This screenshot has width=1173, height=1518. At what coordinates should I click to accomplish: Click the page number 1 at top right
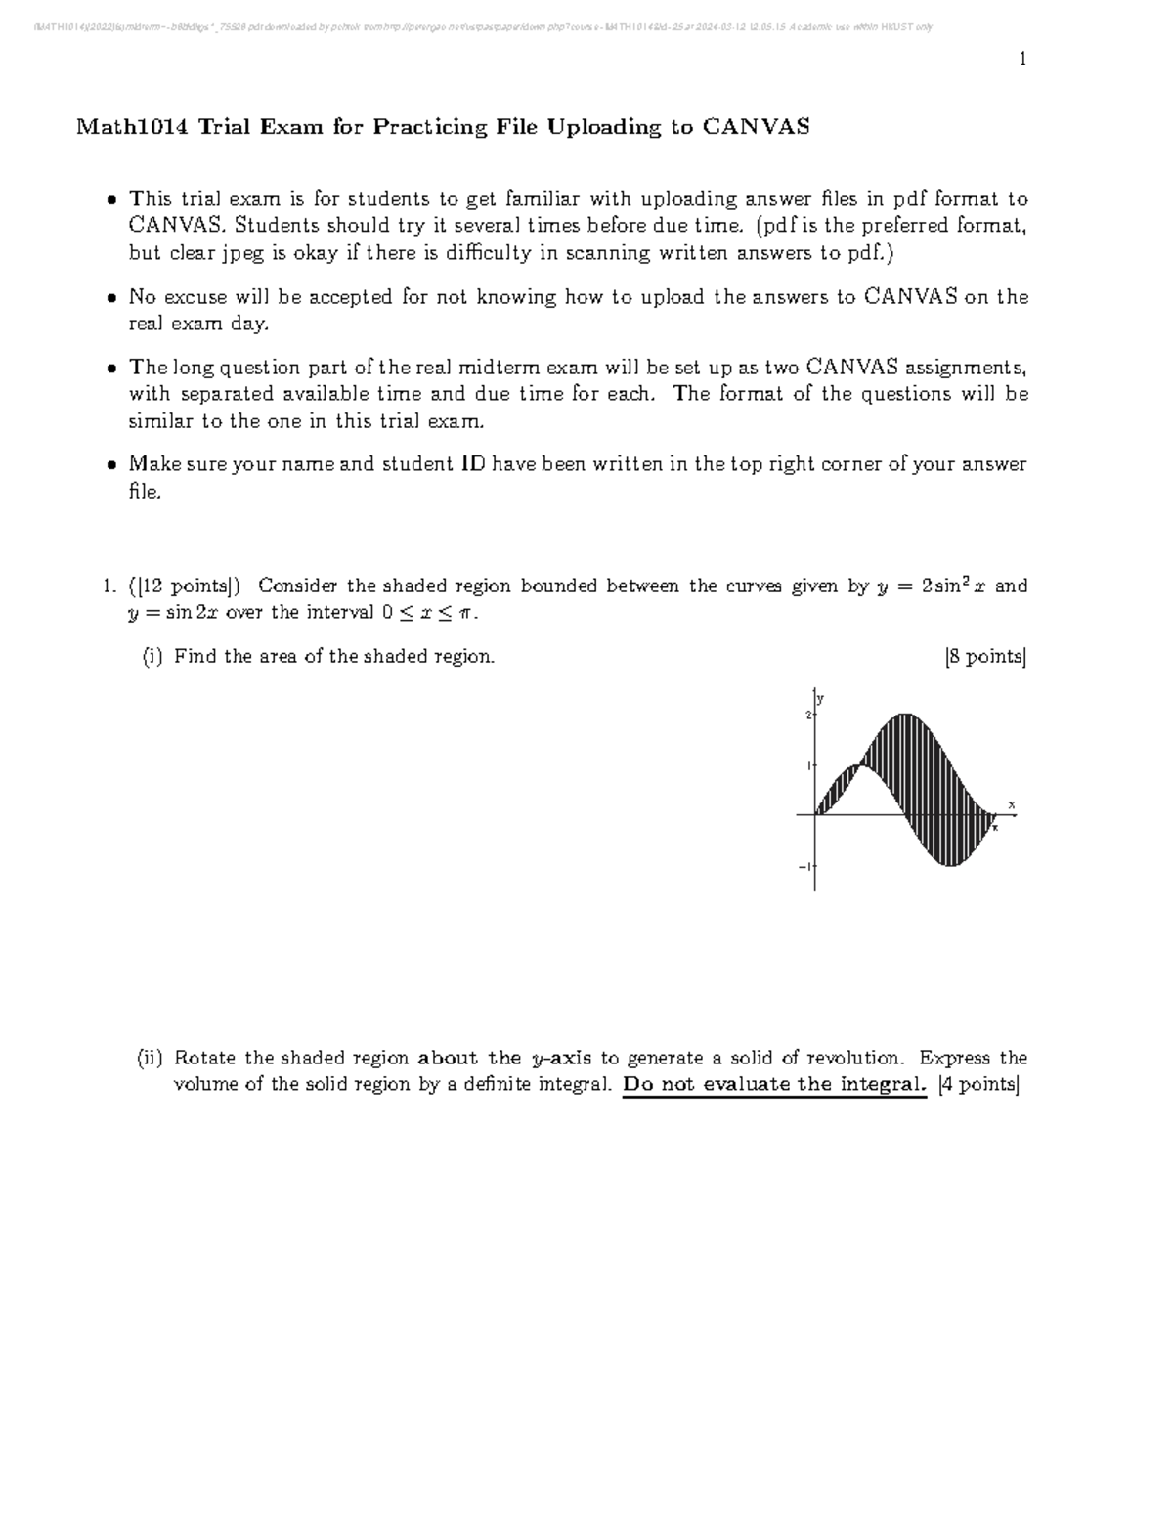click(1022, 60)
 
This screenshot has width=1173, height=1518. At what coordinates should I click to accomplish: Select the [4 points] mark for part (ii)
click(977, 1084)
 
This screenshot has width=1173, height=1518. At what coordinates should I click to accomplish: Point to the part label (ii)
click(151, 1059)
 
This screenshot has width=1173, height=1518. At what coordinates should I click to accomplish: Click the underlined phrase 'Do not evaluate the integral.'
click(773, 1084)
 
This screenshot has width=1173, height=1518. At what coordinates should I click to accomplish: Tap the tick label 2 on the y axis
click(808, 716)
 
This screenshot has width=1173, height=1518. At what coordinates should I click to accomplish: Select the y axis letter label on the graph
click(821, 698)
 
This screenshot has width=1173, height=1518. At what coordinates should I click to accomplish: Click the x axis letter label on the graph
click(1012, 804)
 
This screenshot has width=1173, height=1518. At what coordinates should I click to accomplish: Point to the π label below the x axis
click(995, 827)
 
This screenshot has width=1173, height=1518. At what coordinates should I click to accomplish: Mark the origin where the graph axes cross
click(815, 814)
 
